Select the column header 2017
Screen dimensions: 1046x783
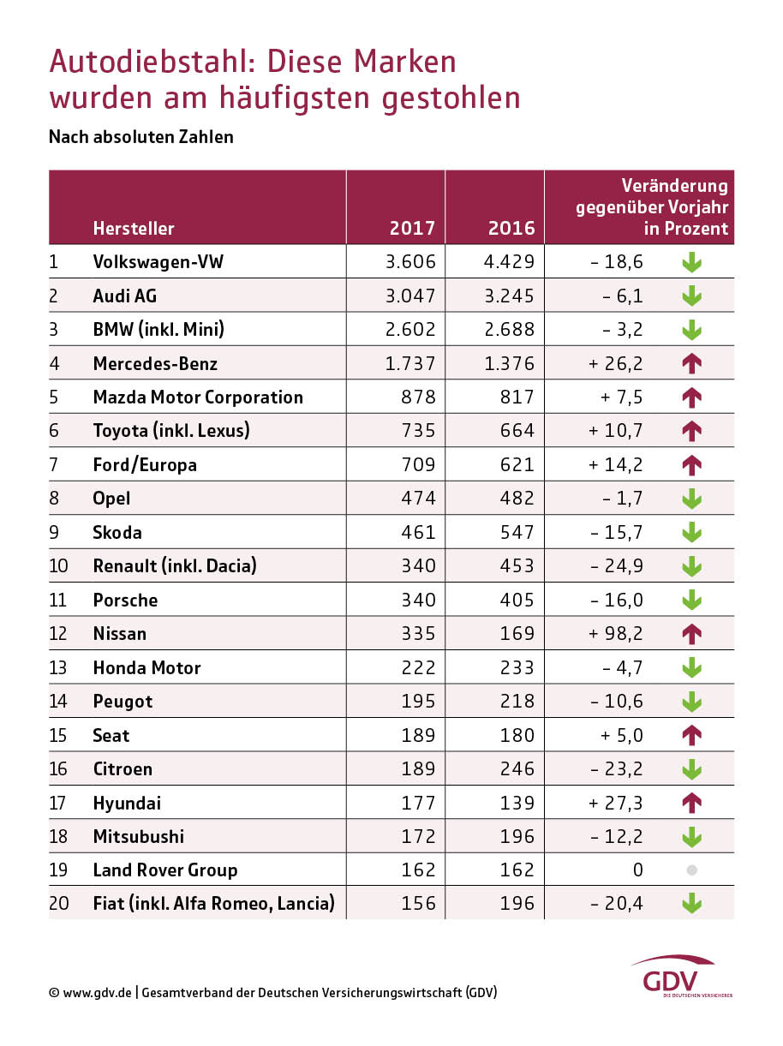(412, 229)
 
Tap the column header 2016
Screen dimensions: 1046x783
(511, 229)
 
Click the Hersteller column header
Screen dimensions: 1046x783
(134, 229)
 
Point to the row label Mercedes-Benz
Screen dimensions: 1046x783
(155, 363)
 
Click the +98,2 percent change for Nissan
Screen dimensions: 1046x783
(615, 634)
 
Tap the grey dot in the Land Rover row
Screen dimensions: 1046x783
(692, 870)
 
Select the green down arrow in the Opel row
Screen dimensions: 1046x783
(692, 499)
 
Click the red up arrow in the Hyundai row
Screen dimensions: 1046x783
(692, 803)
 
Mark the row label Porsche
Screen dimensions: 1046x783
(125, 600)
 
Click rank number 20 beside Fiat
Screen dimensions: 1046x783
(59, 903)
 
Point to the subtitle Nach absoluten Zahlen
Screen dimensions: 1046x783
(141, 137)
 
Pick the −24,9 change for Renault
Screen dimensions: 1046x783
(615, 566)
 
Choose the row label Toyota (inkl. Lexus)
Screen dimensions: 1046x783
(171, 431)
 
